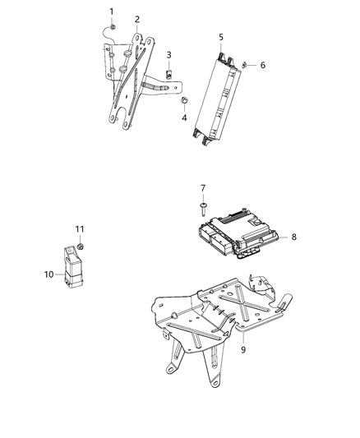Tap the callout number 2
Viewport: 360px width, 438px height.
136,18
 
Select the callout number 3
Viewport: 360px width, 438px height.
168,54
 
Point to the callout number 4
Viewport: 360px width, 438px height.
184,118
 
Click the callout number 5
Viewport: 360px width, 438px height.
221,37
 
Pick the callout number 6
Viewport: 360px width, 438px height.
263,64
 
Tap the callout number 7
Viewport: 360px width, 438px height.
202,188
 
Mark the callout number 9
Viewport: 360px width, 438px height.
243,349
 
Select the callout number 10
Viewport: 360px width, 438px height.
48,274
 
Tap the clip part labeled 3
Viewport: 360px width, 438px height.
168,74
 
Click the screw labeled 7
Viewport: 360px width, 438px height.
202,209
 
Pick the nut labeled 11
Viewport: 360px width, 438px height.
83,244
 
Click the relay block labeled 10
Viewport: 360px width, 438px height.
72,265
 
